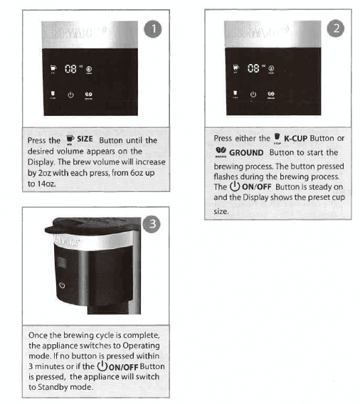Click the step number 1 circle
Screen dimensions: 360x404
[x=152, y=29]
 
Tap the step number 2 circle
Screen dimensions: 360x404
[x=337, y=29]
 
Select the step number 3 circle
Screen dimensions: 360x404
[x=152, y=224]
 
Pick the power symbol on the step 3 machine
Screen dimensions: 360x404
[x=61, y=285]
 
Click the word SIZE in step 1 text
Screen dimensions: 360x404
[x=85, y=140]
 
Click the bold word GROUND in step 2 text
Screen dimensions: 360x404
[x=246, y=152]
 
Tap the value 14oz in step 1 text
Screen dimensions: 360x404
[x=48, y=183]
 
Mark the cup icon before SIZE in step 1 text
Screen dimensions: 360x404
[x=69, y=139]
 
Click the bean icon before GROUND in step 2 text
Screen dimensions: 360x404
[x=220, y=151]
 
